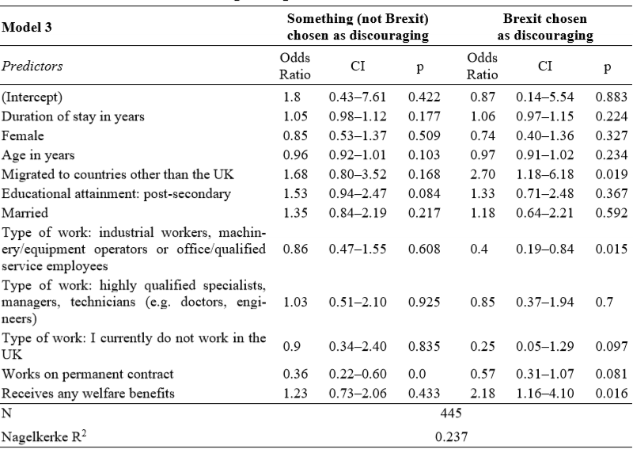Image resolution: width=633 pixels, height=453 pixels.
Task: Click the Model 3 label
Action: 27,27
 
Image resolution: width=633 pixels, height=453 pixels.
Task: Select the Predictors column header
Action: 32,66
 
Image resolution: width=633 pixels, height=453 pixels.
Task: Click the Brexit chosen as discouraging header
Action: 545,27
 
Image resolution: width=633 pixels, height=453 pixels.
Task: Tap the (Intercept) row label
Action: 32,97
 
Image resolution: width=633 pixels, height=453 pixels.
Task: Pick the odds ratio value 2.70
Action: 482,174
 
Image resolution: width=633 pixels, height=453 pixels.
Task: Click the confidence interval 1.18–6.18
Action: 544,174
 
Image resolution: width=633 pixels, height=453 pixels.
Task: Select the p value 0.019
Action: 611,174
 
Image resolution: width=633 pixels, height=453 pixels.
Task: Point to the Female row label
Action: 23,135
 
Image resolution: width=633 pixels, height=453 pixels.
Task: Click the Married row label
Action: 25,213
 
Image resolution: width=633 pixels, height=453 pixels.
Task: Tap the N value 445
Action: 451,413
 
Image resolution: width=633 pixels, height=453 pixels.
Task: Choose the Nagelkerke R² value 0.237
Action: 451,437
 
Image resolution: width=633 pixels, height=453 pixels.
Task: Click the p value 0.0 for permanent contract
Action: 417,374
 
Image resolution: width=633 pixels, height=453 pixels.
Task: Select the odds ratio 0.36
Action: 295,374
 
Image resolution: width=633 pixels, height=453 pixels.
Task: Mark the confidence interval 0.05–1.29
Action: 544,346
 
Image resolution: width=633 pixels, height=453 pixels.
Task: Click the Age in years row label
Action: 38,155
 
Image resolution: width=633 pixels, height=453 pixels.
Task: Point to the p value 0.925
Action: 424,302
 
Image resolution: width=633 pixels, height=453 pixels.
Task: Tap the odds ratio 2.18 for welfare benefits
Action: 482,393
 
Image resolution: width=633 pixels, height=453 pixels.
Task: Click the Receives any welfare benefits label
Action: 88,393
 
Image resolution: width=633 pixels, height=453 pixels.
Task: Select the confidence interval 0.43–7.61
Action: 358,97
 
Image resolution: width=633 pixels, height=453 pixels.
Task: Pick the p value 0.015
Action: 611,249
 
